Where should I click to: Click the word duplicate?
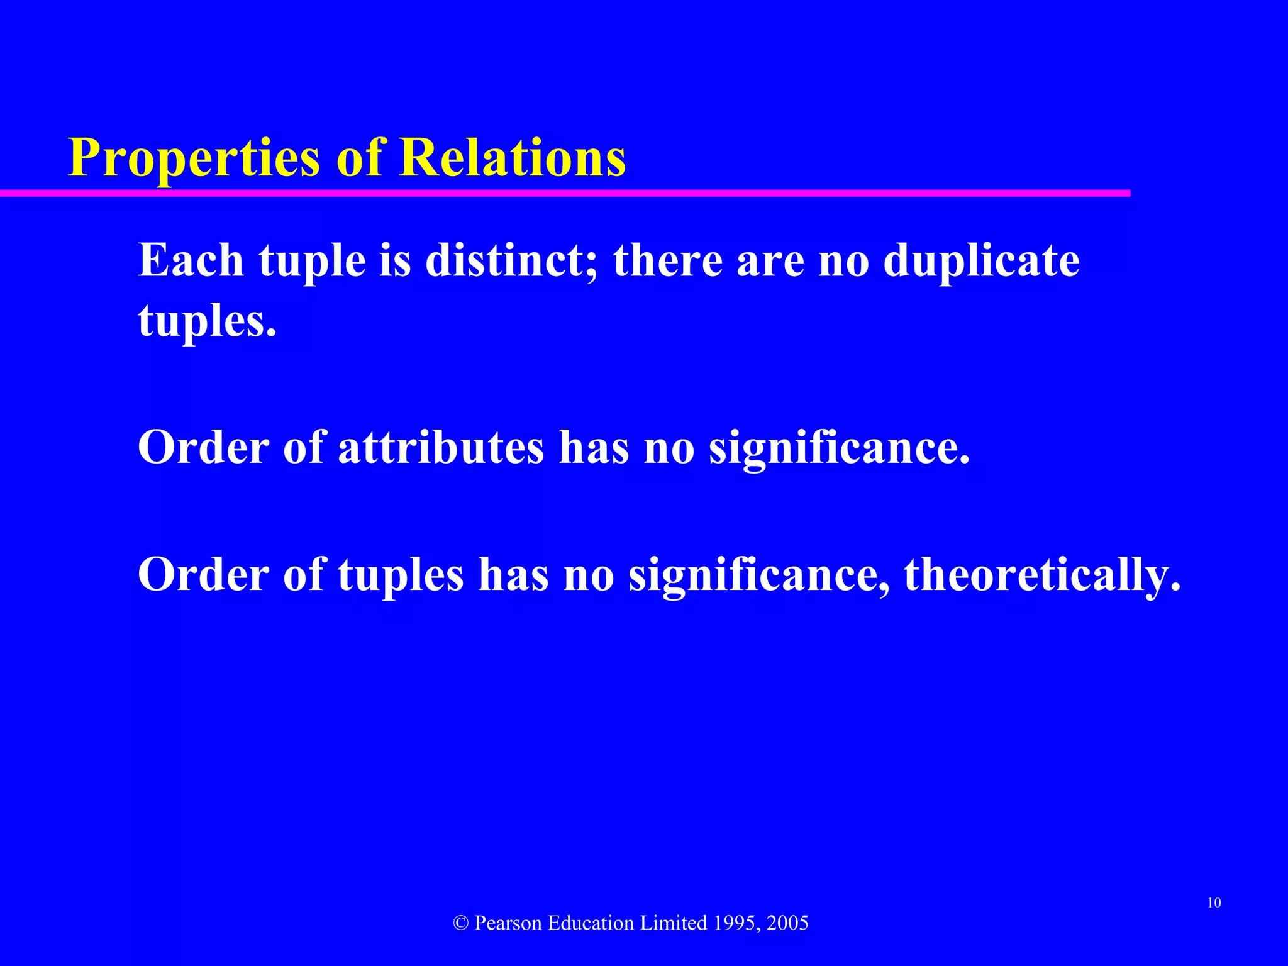coord(981,261)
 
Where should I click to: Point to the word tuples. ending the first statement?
coord(207,321)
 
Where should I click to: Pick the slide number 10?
coord(1214,903)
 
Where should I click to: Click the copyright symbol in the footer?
coord(461,923)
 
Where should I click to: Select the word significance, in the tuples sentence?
coord(759,575)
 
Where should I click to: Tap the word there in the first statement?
coord(668,260)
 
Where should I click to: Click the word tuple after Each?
coord(312,261)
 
